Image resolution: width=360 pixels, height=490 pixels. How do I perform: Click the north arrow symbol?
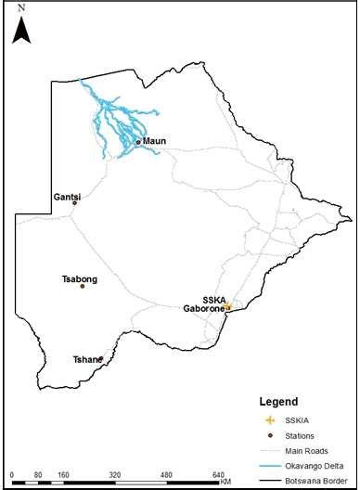[22, 32]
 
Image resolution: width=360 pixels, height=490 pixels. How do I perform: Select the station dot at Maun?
[138, 142]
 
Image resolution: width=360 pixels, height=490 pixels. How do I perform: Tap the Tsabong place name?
[79, 277]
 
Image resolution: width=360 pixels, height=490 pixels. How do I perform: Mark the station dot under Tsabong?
[83, 286]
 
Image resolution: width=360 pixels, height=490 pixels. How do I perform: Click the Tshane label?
[87, 359]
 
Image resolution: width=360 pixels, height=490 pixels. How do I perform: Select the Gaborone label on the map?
[203, 307]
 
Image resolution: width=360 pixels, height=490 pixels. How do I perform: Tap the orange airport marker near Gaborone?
[228, 306]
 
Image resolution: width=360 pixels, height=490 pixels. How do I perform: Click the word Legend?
[278, 403]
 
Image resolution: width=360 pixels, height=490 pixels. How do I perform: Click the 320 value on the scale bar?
[115, 474]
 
